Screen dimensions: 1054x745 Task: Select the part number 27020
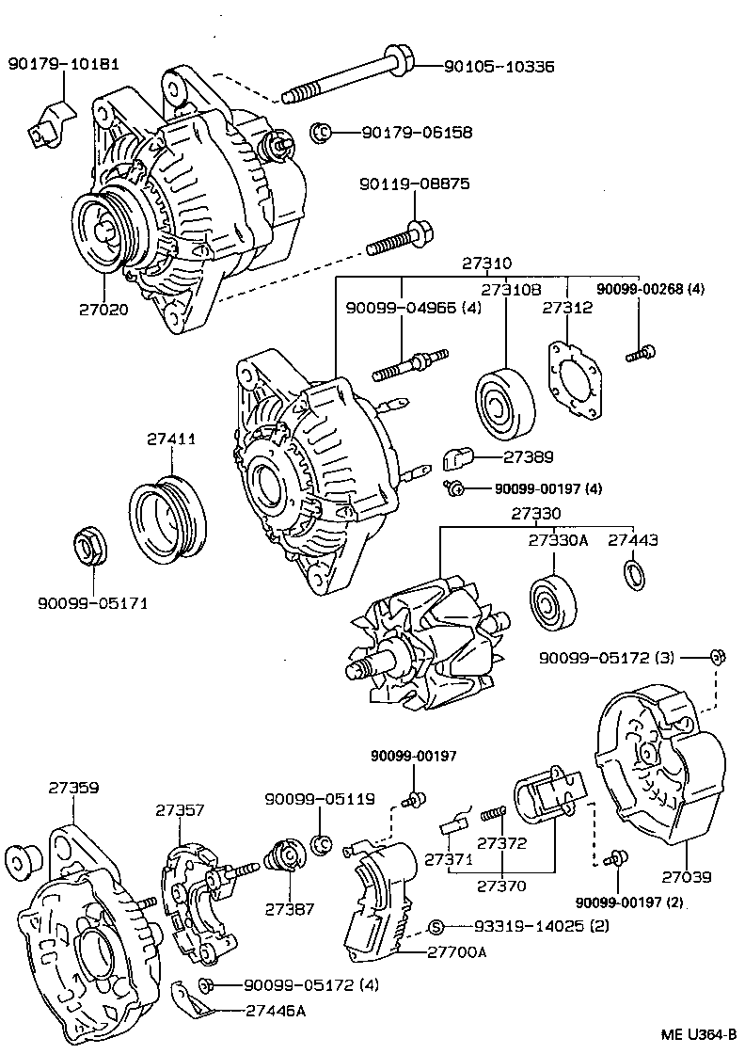point(103,308)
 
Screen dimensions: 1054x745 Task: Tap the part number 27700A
point(457,951)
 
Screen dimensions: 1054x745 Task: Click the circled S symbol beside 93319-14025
point(436,926)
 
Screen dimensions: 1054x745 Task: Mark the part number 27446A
point(274,1011)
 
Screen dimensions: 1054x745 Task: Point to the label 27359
point(74,788)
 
